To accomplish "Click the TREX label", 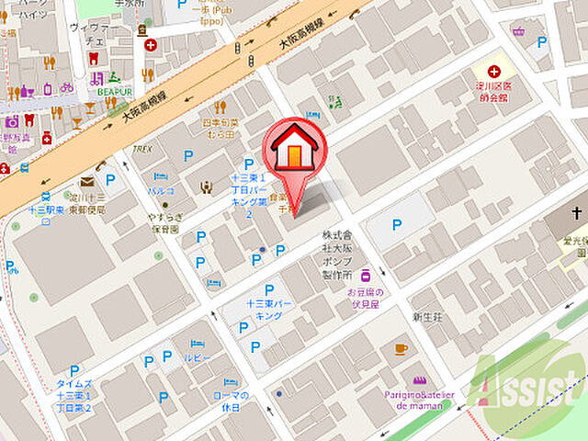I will tap(141, 148).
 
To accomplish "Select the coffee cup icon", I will tap(401, 348).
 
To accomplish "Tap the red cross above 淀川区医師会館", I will tap(494, 71).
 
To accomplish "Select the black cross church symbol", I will tap(576, 213).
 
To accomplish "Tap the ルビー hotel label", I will tap(198, 356).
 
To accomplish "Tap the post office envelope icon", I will tap(86, 182).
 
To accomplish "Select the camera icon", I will tap(12, 121).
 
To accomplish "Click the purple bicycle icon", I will tap(66, 88).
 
